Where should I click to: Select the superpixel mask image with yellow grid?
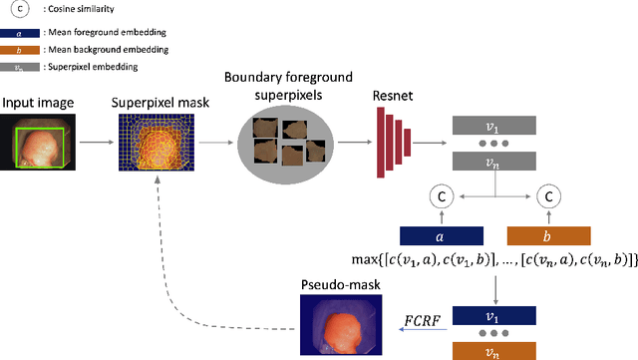click(x=155, y=141)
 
